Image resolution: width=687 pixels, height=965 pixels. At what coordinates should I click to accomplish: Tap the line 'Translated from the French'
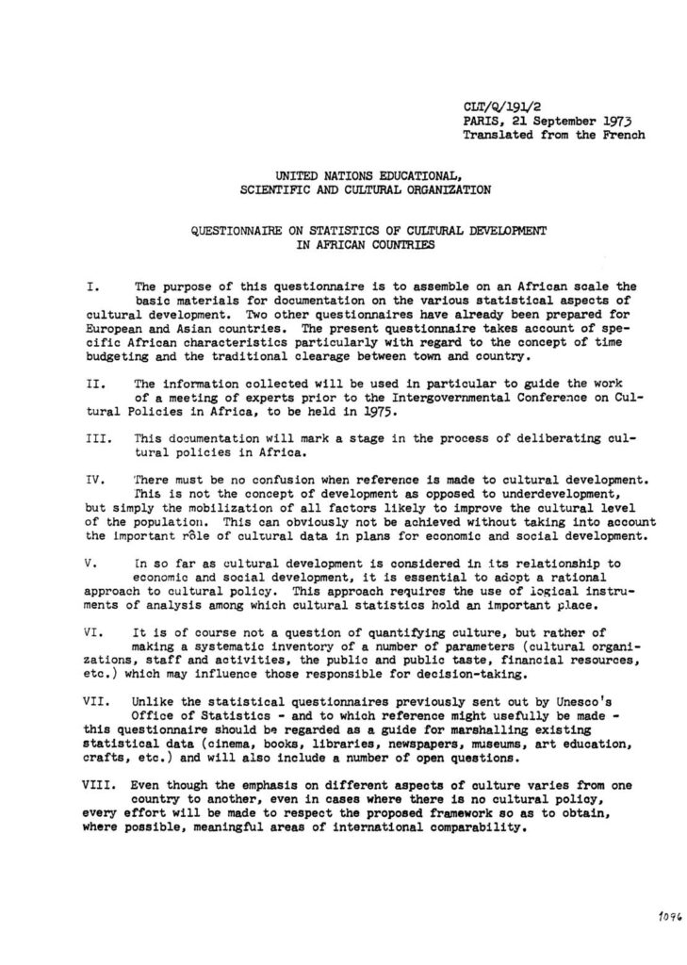coord(553,135)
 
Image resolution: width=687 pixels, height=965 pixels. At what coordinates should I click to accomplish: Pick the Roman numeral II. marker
coord(92,384)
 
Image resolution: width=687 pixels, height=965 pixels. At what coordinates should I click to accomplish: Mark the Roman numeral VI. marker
coord(92,632)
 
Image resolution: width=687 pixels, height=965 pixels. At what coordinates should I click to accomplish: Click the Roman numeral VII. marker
coord(95,701)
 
